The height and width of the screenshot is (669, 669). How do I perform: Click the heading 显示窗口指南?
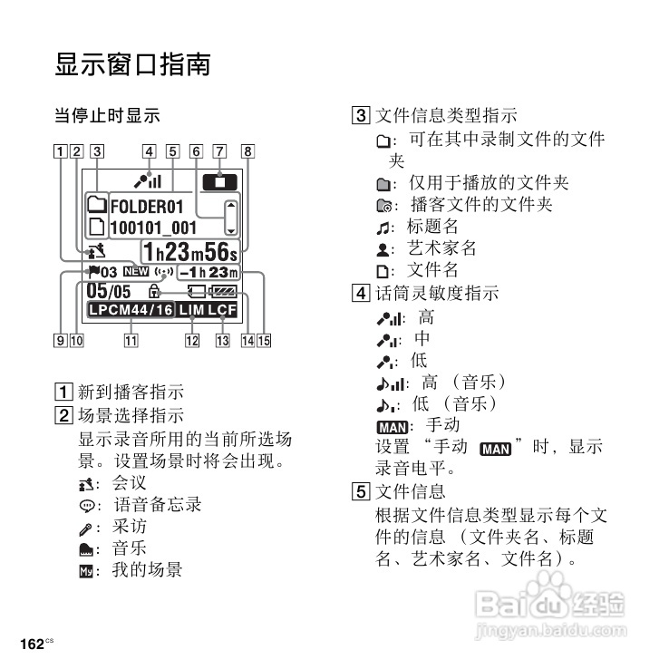(x=132, y=65)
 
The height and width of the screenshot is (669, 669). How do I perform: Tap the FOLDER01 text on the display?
(x=146, y=206)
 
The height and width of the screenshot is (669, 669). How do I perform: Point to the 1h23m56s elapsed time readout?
(x=189, y=251)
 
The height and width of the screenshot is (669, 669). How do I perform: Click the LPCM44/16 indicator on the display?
(x=131, y=310)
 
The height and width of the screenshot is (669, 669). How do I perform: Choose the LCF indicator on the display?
(x=222, y=310)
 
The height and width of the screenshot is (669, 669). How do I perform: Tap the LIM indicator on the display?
(x=191, y=310)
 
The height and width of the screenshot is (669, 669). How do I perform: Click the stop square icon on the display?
(x=219, y=181)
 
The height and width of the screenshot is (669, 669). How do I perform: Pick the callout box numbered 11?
(x=131, y=341)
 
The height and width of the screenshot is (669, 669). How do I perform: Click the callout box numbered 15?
(x=264, y=341)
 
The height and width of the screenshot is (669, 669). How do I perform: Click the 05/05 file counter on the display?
(x=108, y=291)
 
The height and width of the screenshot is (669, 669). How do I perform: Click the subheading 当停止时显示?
(x=106, y=116)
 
